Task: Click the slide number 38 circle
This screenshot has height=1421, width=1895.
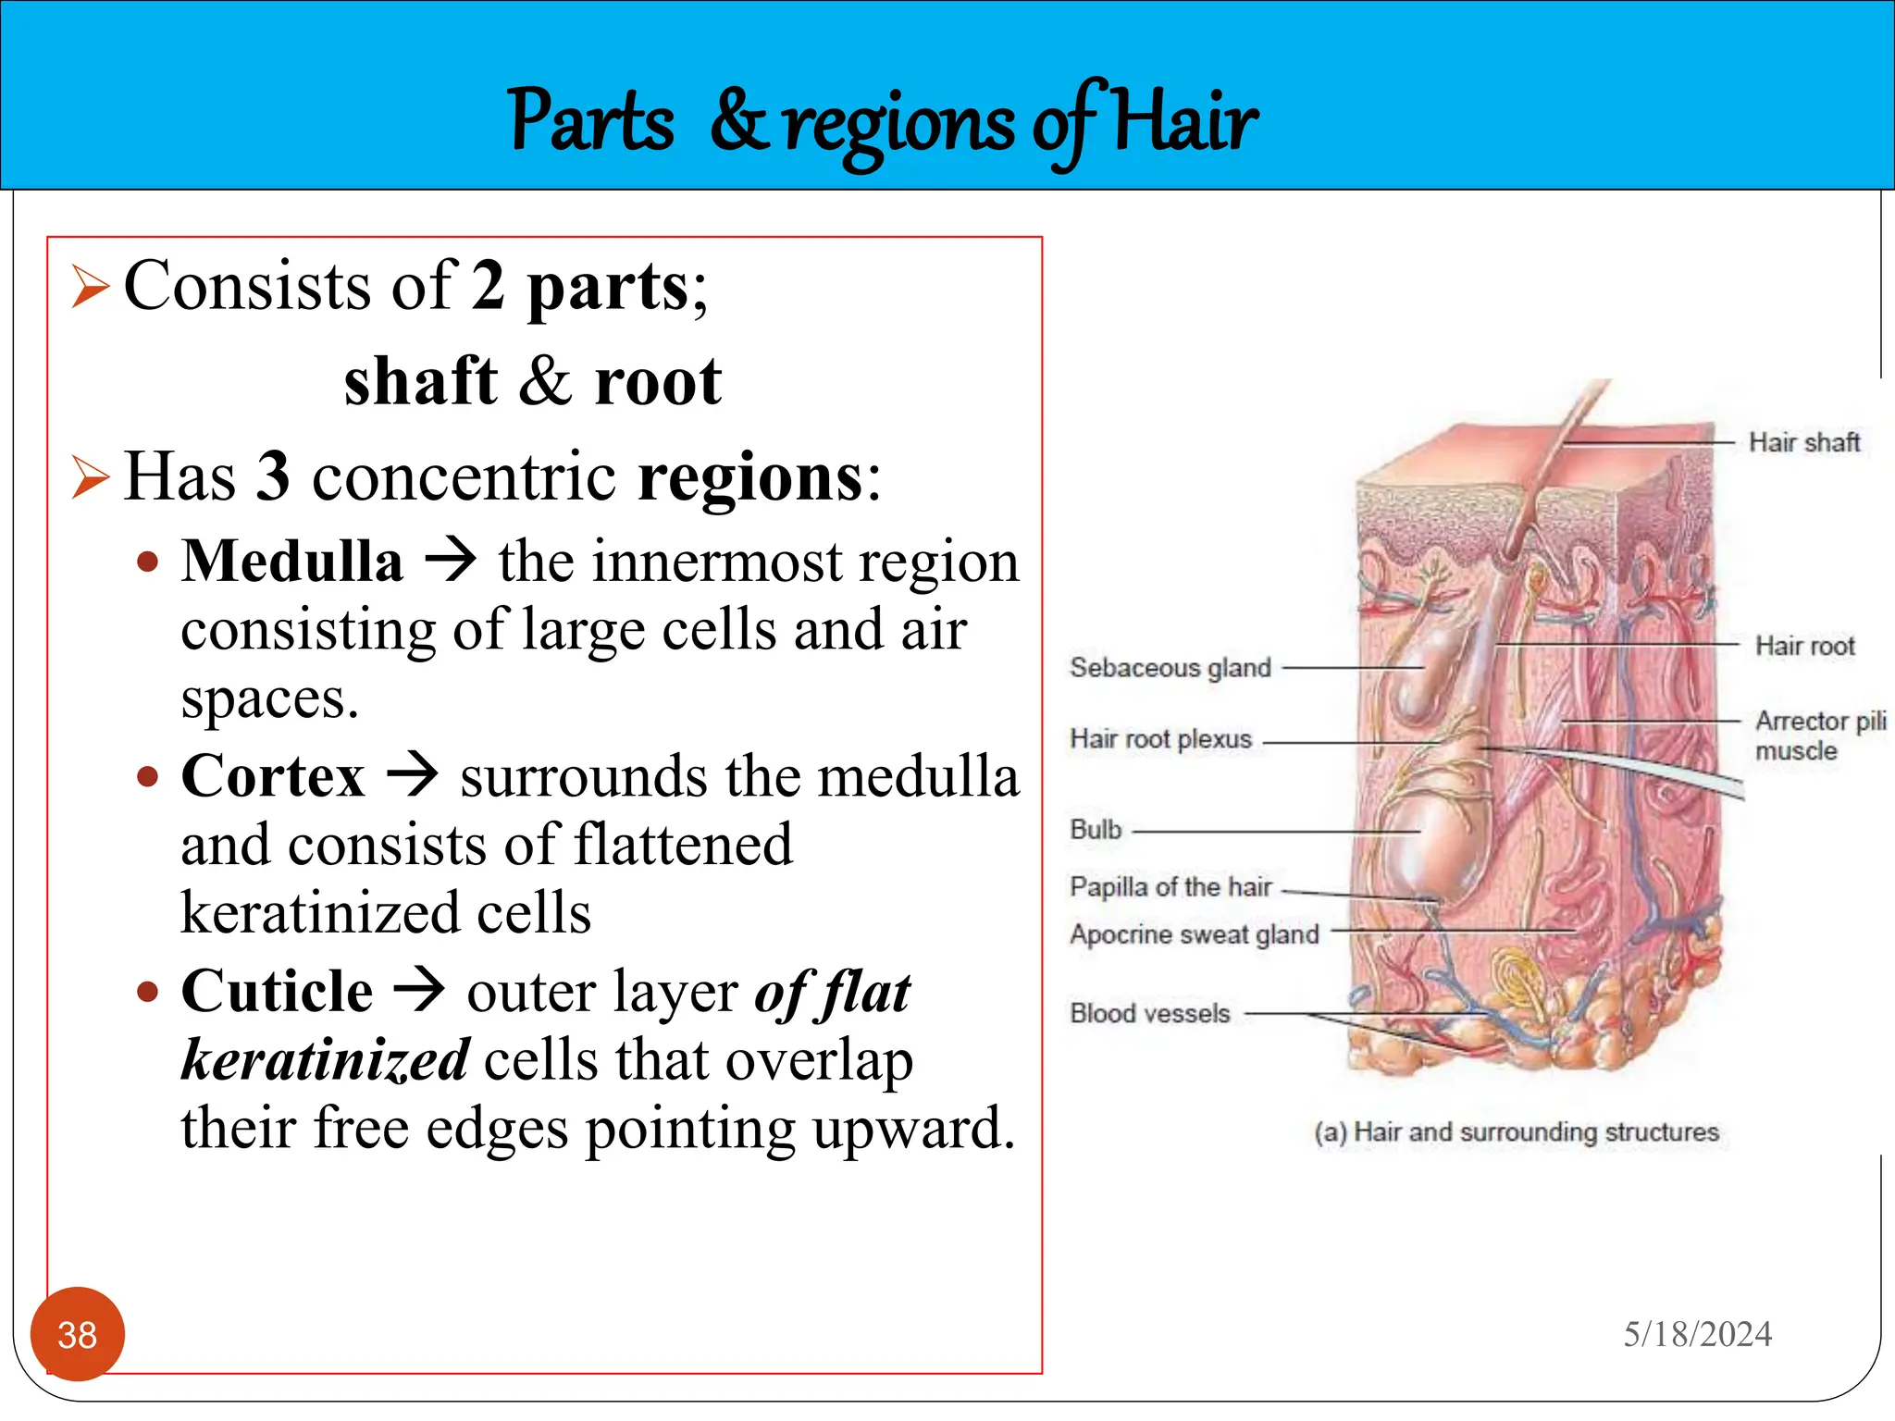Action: [x=77, y=1334]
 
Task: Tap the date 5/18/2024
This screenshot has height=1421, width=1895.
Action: [x=1697, y=1334]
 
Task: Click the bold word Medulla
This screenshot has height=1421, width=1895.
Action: [x=292, y=562]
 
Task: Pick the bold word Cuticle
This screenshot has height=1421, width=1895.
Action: [x=277, y=991]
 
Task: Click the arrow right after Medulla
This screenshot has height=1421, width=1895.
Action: [x=451, y=561]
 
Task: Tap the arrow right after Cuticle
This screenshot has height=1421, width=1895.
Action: [x=419, y=990]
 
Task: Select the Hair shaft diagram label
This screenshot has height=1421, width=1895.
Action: [x=1803, y=442]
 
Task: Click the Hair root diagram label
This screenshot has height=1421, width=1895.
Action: [x=1804, y=646]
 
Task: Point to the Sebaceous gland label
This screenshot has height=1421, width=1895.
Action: [x=1170, y=667]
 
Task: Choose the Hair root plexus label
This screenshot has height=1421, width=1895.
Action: [x=1160, y=739]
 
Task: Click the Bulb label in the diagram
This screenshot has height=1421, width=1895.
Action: [x=1096, y=829]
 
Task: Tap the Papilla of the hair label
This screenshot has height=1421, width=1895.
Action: [x=1170, y=886]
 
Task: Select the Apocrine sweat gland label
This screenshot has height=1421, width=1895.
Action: [x=1194, y=934]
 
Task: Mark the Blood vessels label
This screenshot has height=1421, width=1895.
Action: [x=1149, y=1013]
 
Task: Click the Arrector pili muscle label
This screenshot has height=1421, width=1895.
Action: [x=1819, y=735]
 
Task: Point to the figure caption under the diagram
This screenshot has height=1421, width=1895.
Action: [x=1516, y=1131]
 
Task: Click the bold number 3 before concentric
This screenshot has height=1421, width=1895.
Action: [x=272, y=476]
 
